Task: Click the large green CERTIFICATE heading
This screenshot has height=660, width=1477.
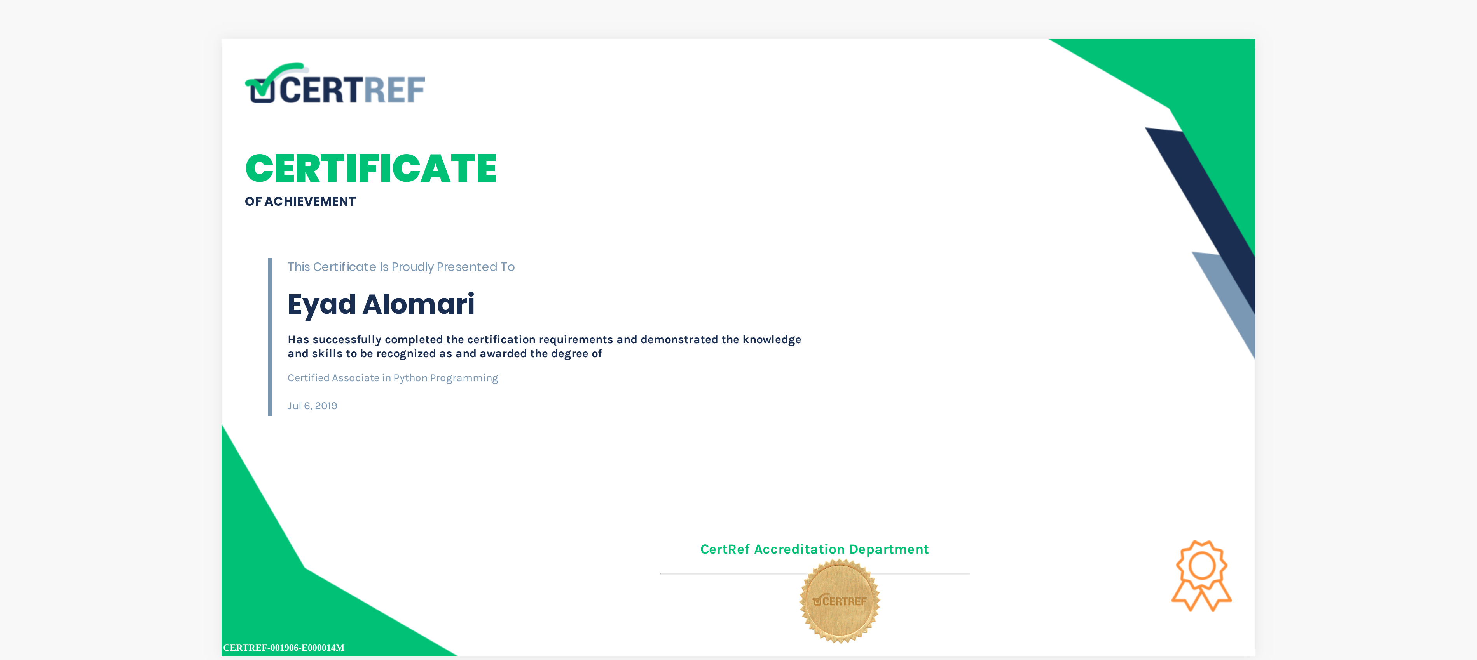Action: pos(371,168)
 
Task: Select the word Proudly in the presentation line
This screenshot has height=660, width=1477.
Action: pos(412,267)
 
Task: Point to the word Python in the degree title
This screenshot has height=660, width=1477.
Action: pos(410,378)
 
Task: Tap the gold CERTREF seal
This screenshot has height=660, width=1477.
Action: pos(840,601)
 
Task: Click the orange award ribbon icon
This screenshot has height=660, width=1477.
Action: pos(1202,575)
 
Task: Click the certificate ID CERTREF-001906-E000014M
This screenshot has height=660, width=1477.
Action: pos(284,648)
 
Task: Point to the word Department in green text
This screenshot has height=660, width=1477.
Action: pos(889,549)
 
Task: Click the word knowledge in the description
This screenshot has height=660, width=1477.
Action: pos(772,340)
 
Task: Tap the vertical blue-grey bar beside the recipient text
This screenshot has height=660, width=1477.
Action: pos(270,337)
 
